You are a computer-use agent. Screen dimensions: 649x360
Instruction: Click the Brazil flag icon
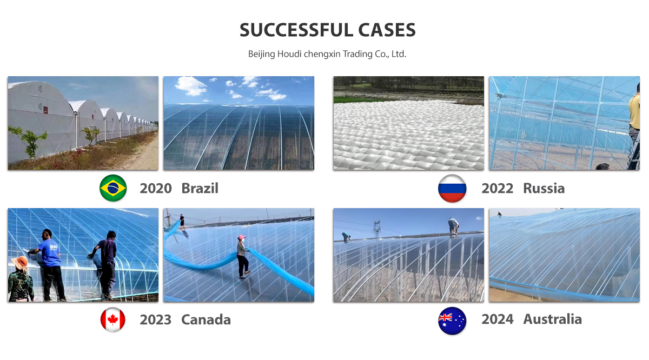[x=113, y=188]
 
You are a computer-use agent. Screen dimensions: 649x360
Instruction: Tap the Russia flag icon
[x=452, y=188]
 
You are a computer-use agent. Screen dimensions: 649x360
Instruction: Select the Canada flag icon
[x=112, y=319]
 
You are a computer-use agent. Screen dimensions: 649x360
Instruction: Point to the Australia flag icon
[x=452, y=321]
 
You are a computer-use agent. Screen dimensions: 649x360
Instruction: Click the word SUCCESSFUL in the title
[x=296, y=30]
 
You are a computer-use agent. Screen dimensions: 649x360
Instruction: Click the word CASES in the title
[x=387, y=30]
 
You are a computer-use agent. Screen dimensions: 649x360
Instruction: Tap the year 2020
[x=156, y=189]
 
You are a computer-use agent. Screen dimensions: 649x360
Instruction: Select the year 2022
[x=497, y=189]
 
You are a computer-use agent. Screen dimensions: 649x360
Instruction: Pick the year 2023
[x=156, y=320]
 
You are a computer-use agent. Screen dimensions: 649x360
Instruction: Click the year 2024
[x=497, y=319]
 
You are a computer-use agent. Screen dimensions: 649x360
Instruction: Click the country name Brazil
[x=200, y=188]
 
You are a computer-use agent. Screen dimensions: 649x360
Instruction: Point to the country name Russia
[x=544, y=189]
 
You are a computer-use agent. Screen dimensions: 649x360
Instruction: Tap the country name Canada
[x=206, y=320]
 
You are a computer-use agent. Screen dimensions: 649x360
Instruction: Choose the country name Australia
[x=553, y=319]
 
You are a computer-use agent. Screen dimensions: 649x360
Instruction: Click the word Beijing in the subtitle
[x=261, y=54]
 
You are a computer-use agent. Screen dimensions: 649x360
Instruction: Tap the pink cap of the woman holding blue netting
[x=241, y=237]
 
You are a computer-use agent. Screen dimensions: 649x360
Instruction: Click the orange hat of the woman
[x=20, y=262]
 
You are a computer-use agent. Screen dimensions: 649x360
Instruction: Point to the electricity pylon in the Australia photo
[x=376, y=229]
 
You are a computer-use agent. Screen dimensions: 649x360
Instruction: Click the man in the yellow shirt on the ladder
[x=634, y=122]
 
